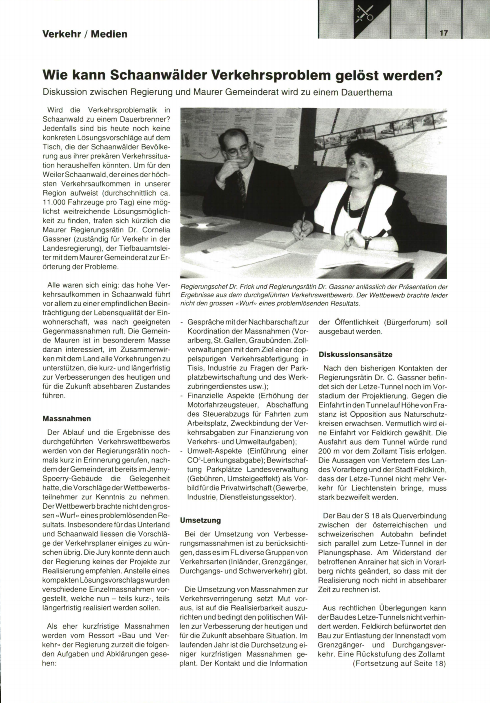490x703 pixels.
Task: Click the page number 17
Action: (444, 33)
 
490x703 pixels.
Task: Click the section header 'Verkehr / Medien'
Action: (85, 34)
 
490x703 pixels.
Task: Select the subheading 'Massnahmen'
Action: (67, 419)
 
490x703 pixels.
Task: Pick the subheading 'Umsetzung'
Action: (200, 520)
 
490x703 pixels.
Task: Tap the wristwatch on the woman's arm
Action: (367, 242)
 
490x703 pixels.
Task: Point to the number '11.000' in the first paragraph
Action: (55, 202)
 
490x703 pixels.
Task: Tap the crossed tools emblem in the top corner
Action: (363, 15)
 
